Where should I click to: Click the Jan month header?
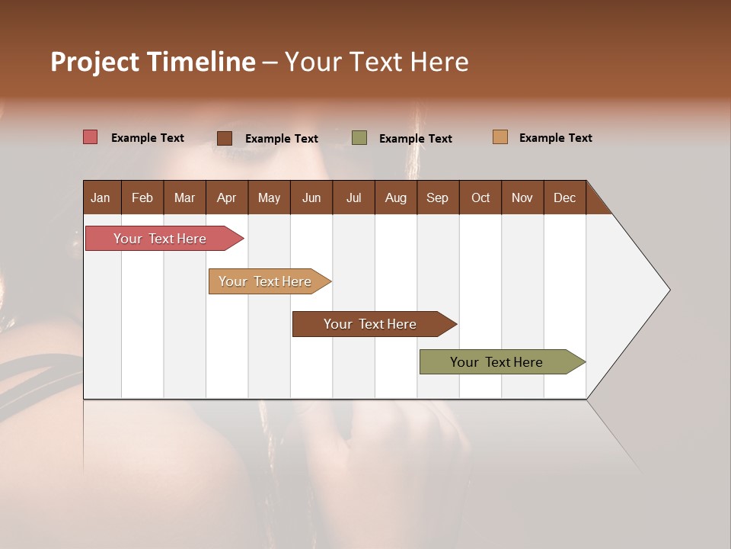tap(101, 197)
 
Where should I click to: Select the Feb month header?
tap(142, 197)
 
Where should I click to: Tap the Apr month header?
tap(226, 197)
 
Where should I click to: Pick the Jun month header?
tap(311, 197)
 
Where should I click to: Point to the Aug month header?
tap(395, 197)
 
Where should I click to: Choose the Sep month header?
tap(437, 197)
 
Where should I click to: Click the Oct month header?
tap(480, 197)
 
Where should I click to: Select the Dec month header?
tap(564, 197)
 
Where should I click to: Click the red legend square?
tap(90, 137)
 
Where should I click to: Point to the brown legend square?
tap(225, 138)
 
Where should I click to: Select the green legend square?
tap(359, 138)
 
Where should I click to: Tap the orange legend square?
tap(500, 137)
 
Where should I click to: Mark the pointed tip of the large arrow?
tap(669, 290)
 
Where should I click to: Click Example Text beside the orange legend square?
tap(555, 138)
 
